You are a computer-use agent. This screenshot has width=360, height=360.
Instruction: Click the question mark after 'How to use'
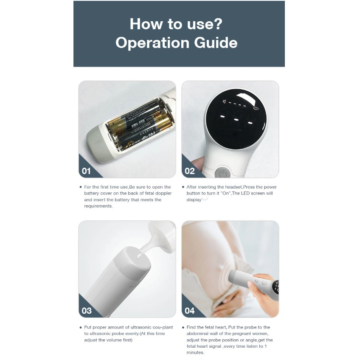[218, 24]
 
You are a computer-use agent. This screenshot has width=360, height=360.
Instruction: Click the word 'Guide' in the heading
[216, 43]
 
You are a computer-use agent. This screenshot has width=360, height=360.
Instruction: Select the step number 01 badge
[86, 171]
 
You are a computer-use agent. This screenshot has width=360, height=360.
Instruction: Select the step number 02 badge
[190, 171]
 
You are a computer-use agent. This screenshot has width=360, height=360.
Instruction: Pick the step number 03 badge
[87, 311]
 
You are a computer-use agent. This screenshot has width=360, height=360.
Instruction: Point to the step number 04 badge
[190, 311]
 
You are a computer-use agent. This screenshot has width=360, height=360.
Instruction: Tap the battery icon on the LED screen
[256, 108]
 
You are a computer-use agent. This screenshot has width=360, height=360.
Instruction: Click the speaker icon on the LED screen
[224, 101]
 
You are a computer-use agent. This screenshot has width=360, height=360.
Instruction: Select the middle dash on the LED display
[236, 120]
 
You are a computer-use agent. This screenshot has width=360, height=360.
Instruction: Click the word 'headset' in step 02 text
[233, 187]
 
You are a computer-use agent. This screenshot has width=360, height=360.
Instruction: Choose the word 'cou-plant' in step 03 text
[163, 327]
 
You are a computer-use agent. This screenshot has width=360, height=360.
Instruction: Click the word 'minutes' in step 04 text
[195, 352]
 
